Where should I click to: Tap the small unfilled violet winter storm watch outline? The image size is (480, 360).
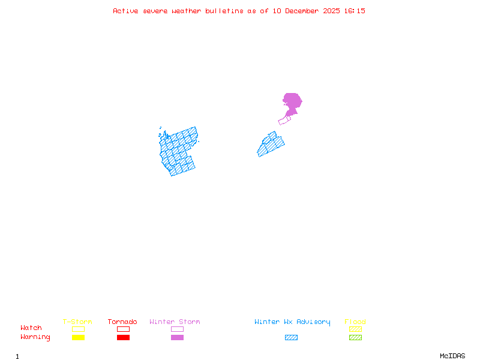[284, 120]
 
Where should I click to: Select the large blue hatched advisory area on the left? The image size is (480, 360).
[178, 152]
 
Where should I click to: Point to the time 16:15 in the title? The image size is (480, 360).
[355, 11]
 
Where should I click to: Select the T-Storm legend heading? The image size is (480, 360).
[77, 322]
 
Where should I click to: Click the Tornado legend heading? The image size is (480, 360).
[122, 322]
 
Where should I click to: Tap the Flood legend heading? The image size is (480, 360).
[355, 322]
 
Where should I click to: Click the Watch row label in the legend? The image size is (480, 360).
[31, 328]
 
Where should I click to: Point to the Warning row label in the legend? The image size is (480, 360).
[35, 337]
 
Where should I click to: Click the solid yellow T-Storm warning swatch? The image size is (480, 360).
[78, 337]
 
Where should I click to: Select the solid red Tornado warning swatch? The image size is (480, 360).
[123, 337]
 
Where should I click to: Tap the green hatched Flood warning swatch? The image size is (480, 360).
[355, 337]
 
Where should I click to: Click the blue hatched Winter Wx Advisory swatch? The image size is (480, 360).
[291, 337]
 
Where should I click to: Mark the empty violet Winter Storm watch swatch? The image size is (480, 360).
[177, 329]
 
